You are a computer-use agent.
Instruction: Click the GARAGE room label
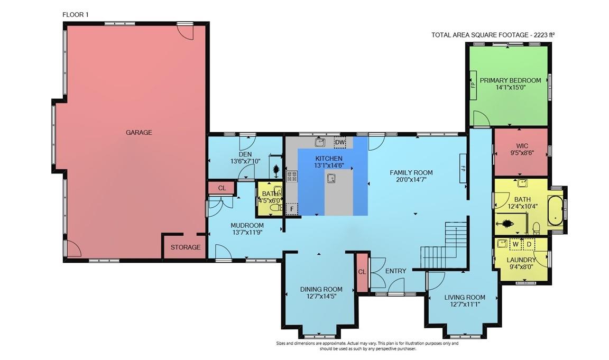pyautogui.click(x=139, y=133)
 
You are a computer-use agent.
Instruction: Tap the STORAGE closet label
pyautogui.click(x=186, y=247)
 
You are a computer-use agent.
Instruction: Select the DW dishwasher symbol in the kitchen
pyautogui.click(x=340, y=142)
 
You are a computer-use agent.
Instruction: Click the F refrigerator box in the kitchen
pyautogui.click(x=290, y=209)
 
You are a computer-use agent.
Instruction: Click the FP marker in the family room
pyautogui.click(x=462, y=168)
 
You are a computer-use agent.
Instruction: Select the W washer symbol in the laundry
pyautogui.click(x=514, y=244)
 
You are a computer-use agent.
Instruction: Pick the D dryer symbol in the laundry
pyautogui.click(x=529, y=244)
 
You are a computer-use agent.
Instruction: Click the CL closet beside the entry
pyautogui.click(x=362, y=272)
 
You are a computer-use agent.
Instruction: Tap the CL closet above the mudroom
pyautogui.click(x=222, y=188)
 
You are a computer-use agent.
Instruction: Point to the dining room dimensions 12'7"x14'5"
pyautogui.click(x=321, y=297)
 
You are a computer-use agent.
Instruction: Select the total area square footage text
pyautogui.click(x=492, y=35)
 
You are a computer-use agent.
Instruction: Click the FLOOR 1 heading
pyautogui.click(x=76, y=15)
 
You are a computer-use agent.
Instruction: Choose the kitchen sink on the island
pyautogui.click(x=331, y=178)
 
